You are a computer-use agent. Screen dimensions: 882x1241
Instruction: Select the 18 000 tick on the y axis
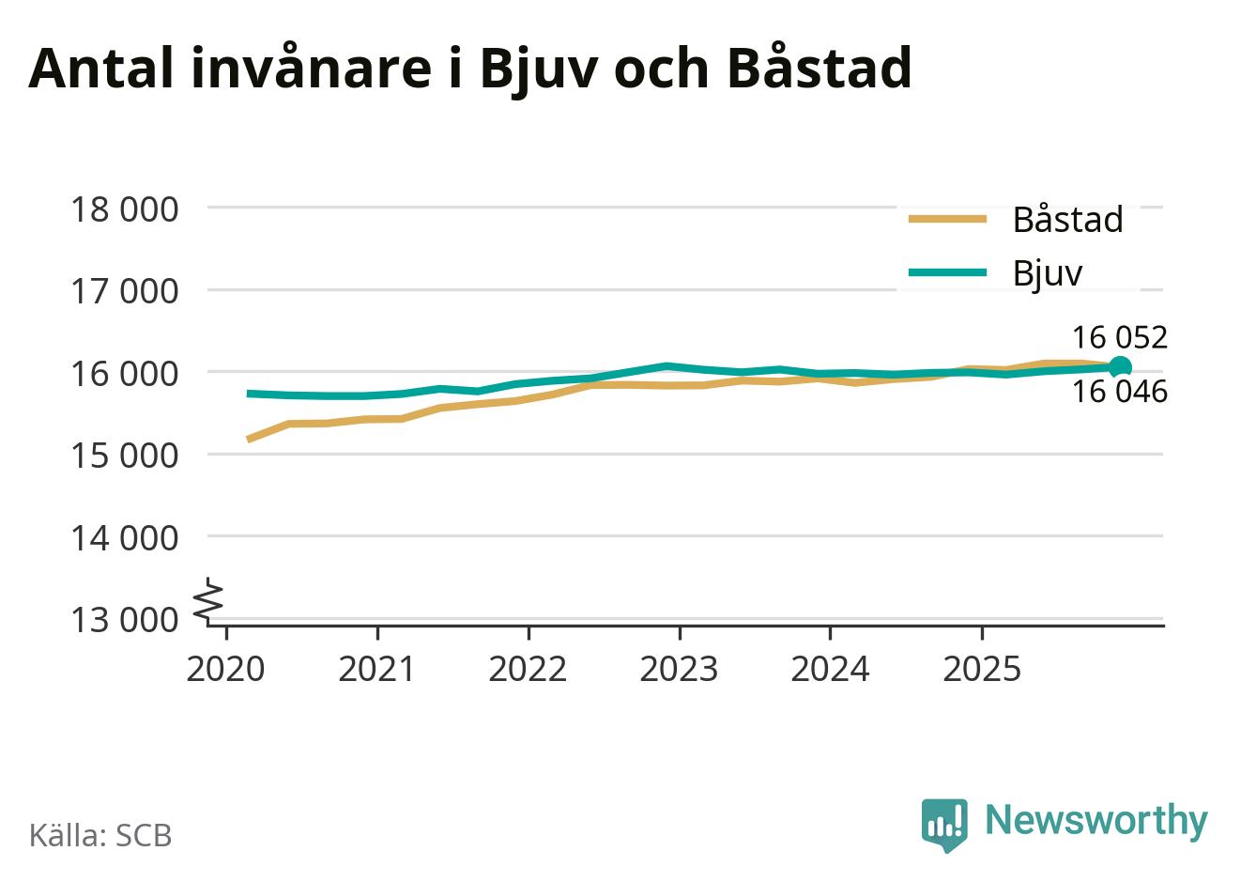[124, 209]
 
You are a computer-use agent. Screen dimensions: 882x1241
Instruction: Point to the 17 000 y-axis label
[124, 291]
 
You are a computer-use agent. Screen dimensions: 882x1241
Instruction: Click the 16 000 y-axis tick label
[124, 373]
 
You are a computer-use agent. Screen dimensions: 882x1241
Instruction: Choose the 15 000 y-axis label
[124, 456]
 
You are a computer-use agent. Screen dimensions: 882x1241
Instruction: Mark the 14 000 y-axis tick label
[124, 537]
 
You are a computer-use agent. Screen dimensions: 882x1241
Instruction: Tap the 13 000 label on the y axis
[124, 620]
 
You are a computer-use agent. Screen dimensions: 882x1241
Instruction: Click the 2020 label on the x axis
[226, 669]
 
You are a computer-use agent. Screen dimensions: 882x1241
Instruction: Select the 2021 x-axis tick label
[377, 669]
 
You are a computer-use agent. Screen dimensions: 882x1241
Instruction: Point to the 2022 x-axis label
[529, 669]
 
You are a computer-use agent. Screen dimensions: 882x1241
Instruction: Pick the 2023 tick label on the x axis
[679, 669]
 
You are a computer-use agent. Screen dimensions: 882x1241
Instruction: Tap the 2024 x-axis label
[830, 669]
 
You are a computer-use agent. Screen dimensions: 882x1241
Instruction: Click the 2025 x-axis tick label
[981, 669]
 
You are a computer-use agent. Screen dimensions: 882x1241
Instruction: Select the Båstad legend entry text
[1067, 220]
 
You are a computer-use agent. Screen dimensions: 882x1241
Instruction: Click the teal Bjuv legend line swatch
[948, 273]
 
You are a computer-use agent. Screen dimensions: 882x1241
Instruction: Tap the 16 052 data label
[1120, 337]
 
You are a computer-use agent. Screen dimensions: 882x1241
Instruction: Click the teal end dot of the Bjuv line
[1120, 367]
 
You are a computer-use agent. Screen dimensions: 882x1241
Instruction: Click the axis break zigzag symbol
[210, 599]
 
